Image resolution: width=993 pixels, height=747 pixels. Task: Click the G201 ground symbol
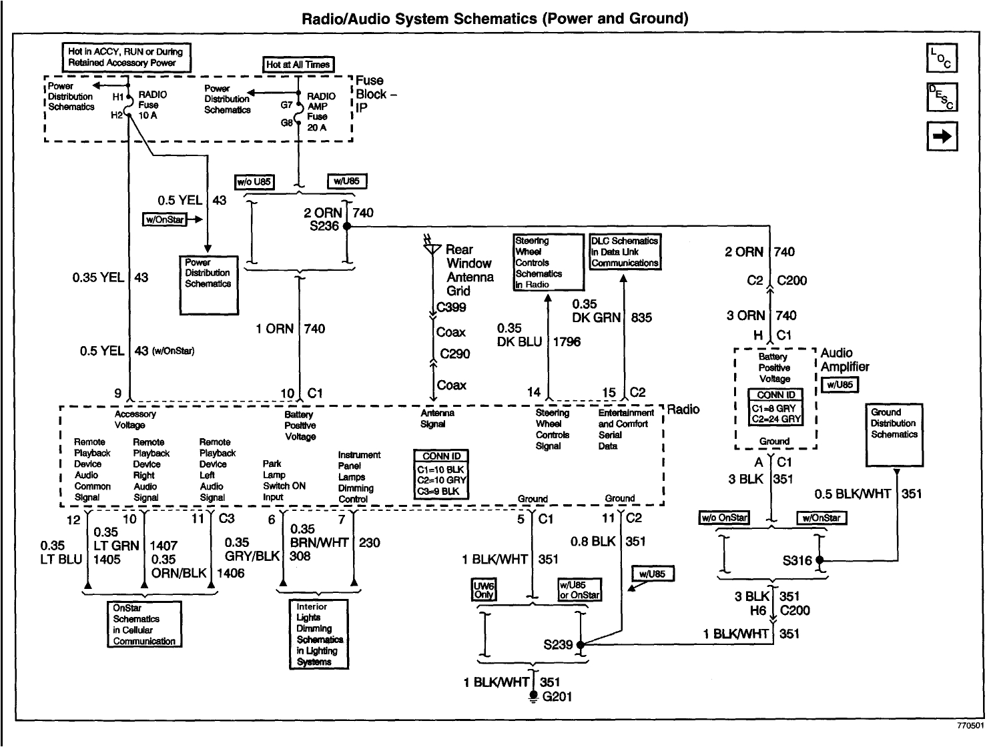tap(533, 696)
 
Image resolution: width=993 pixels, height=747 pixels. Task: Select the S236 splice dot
tap(346, 226)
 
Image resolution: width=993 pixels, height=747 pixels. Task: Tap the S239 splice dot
tap(580, 644)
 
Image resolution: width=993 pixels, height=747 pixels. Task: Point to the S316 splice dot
tap(819, 560)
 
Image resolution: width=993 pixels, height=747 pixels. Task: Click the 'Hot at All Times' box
tap(298, 65)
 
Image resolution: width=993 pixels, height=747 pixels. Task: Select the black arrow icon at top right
tap(942, 136)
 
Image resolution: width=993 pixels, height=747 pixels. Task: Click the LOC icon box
tap(942, 58)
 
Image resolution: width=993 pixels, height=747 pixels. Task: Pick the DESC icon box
tap(942, 97)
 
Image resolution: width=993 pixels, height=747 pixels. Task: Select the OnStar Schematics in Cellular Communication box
tap(144, 624)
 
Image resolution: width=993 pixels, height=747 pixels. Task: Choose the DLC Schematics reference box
tap(625, 251)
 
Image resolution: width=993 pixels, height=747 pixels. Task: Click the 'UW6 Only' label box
tap(484, 590)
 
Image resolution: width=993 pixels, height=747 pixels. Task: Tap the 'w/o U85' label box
tap(254, 181)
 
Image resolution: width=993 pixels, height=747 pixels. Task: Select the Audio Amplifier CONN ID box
tap(775, 407)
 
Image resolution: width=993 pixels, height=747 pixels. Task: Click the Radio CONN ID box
tap(441, 474)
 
